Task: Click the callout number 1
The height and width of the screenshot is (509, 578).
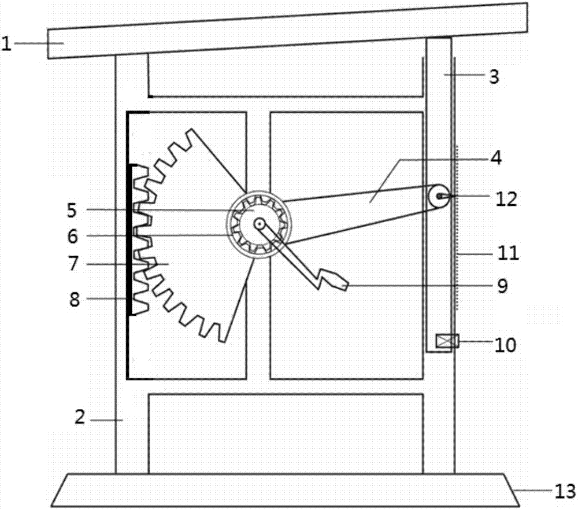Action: (x=6, y=43)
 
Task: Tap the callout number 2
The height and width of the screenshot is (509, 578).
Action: (x=80, y=417)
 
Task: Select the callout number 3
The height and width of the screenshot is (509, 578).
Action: (x=494, y=77)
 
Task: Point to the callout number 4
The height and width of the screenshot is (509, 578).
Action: (x=496, y=158)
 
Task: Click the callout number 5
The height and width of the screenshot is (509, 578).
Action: (x=72, y=210)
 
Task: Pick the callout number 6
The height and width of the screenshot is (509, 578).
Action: (x=72, y=237)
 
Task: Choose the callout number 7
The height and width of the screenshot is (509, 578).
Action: (x=73, y=263)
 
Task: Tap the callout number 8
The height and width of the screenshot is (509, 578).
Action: (x=75, y=300)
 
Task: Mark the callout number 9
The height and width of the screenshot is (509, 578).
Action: (x=502, y=286)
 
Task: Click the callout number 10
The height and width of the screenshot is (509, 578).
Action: (x=505, y=345)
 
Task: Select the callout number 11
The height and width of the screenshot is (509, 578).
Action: (x=509, y=253)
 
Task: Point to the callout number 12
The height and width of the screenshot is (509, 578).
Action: (x=506, y=199)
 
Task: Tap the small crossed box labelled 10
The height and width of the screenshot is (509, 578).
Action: (x=447, y=341)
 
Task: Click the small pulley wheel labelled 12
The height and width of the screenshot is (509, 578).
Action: (x=439, y=196)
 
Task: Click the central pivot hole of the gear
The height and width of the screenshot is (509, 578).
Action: (x=259, y=223)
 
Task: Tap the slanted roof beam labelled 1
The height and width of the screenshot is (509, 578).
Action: (x=287, y=31)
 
